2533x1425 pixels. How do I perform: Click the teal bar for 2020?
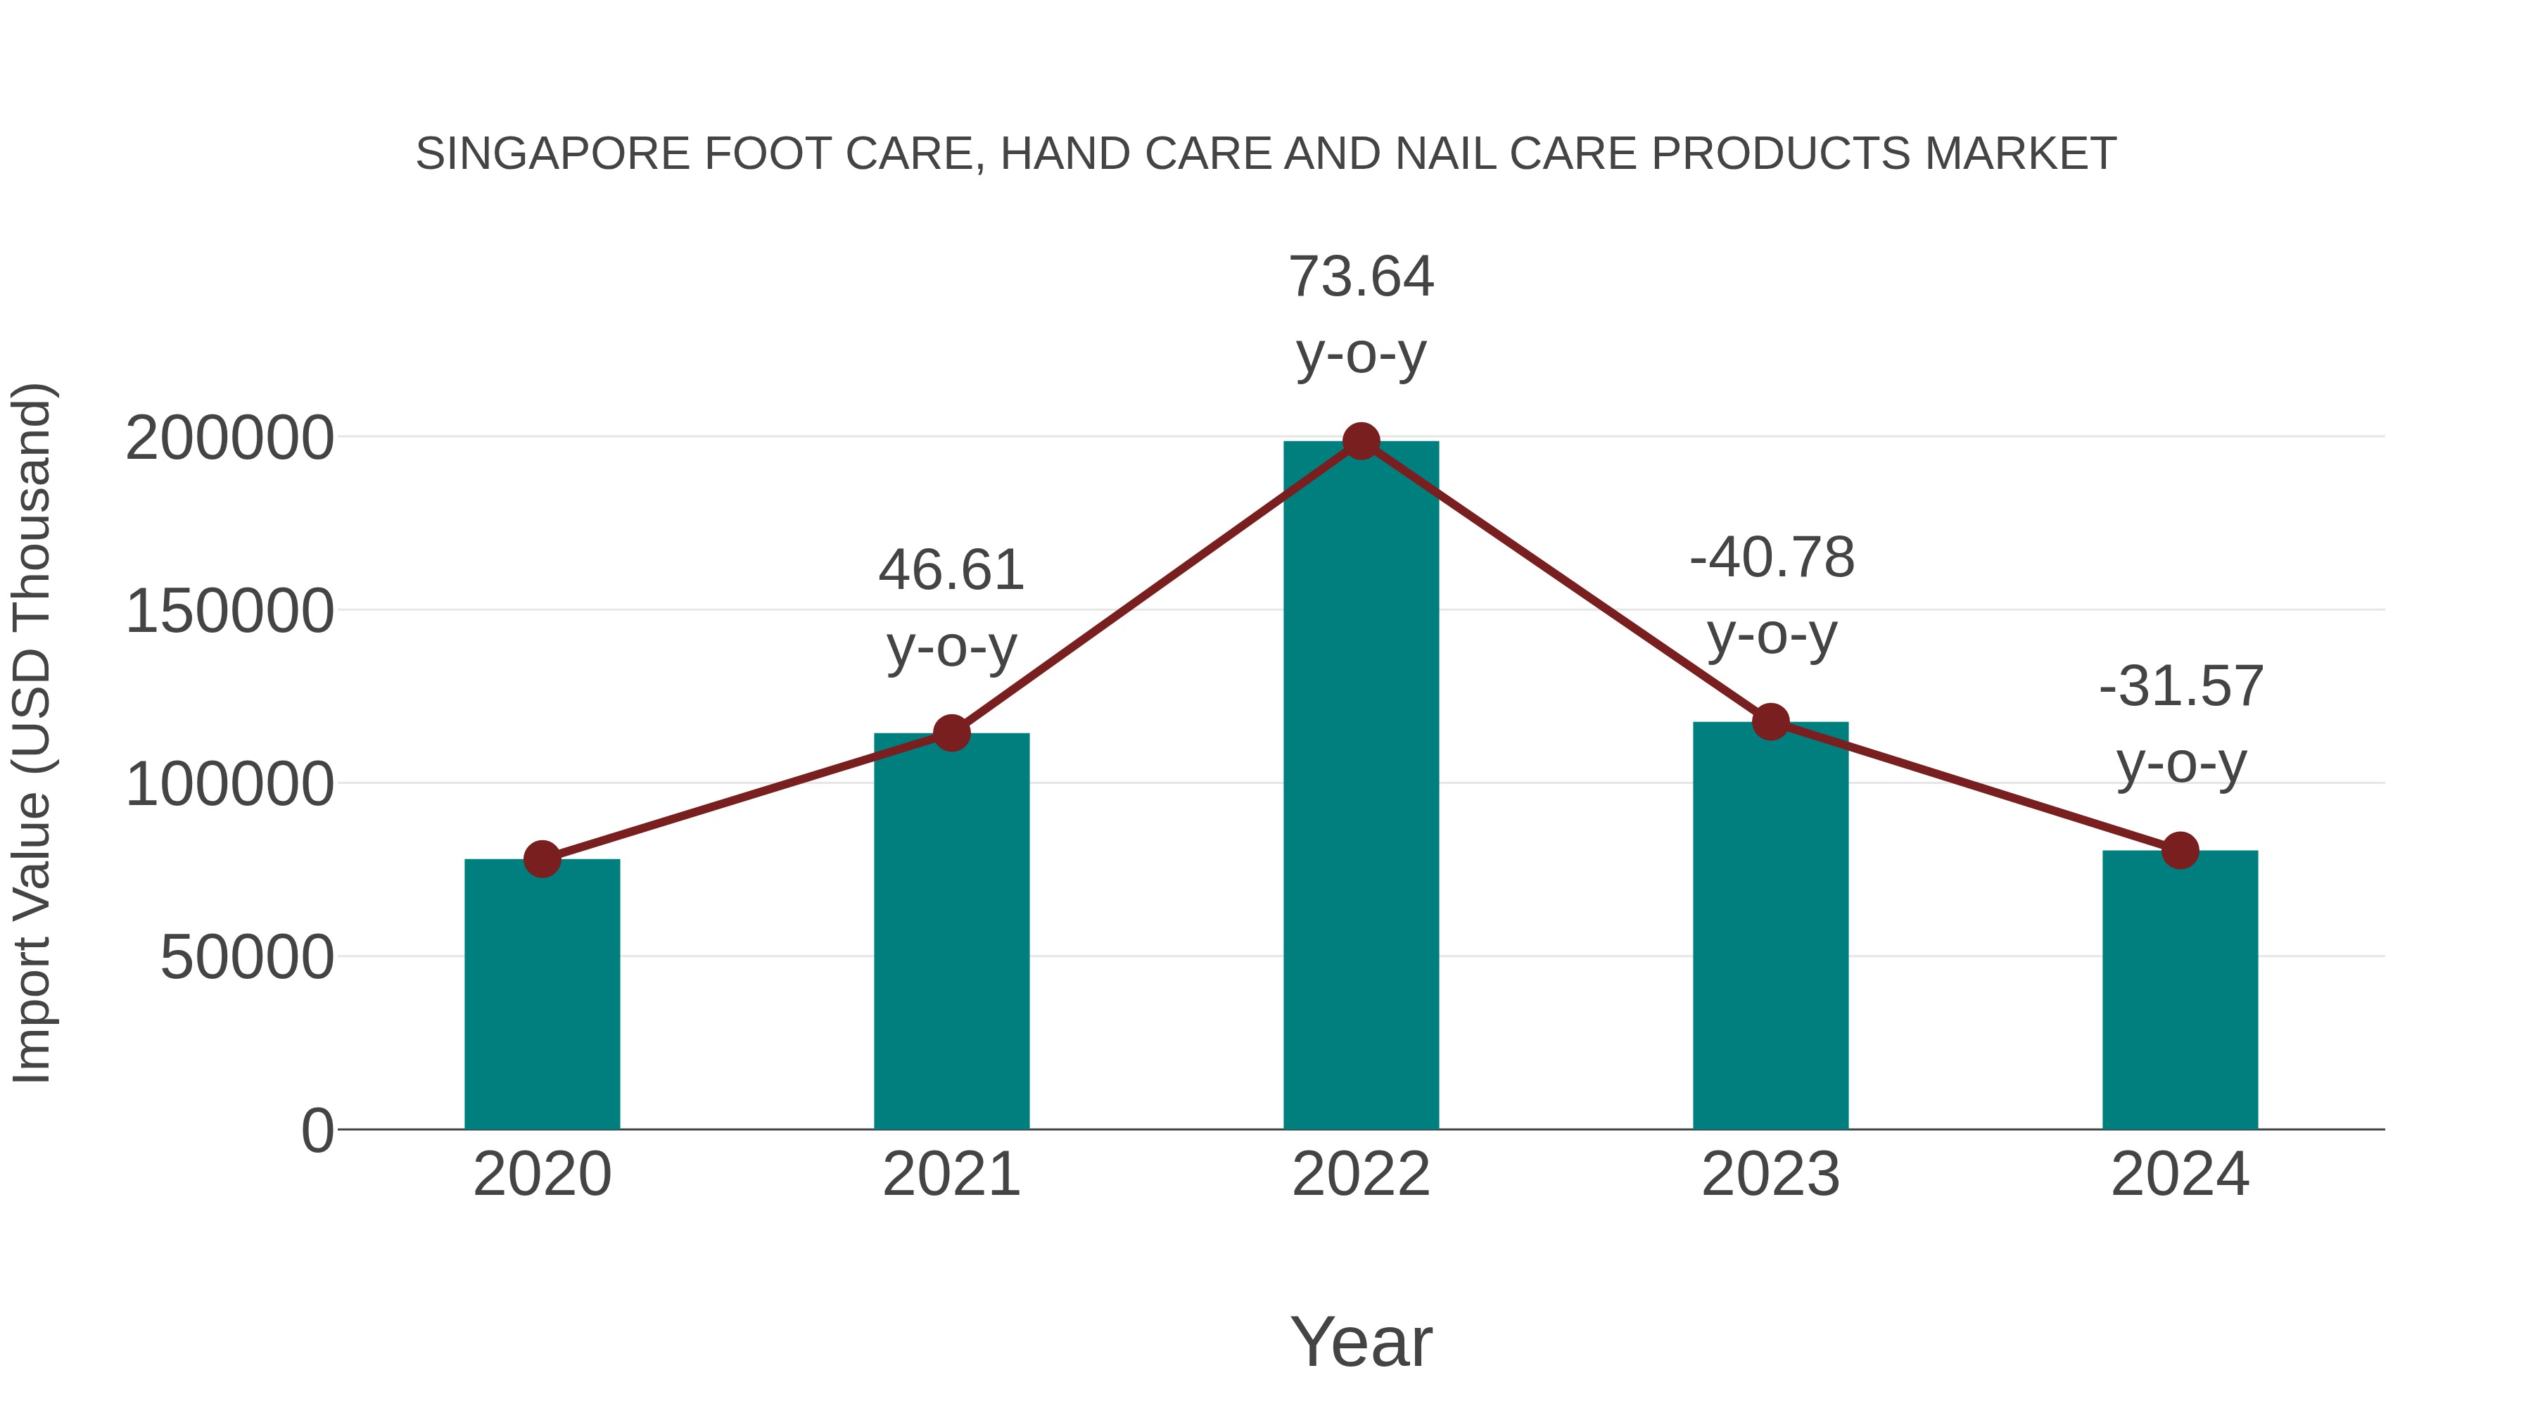coord(542,993)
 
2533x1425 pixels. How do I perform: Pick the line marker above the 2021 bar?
coord(951,733)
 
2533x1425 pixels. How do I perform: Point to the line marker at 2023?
coord(1770,722)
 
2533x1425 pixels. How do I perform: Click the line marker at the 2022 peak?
coord(1361,441)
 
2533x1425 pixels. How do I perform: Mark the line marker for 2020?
coord(542,859)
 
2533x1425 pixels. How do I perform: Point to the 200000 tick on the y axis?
coord(229,438)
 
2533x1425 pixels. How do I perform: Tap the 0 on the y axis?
coord(317,1131)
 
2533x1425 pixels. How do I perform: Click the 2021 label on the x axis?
coord(951,1174)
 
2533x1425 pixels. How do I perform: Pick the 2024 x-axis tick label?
coord(2180,1174)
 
